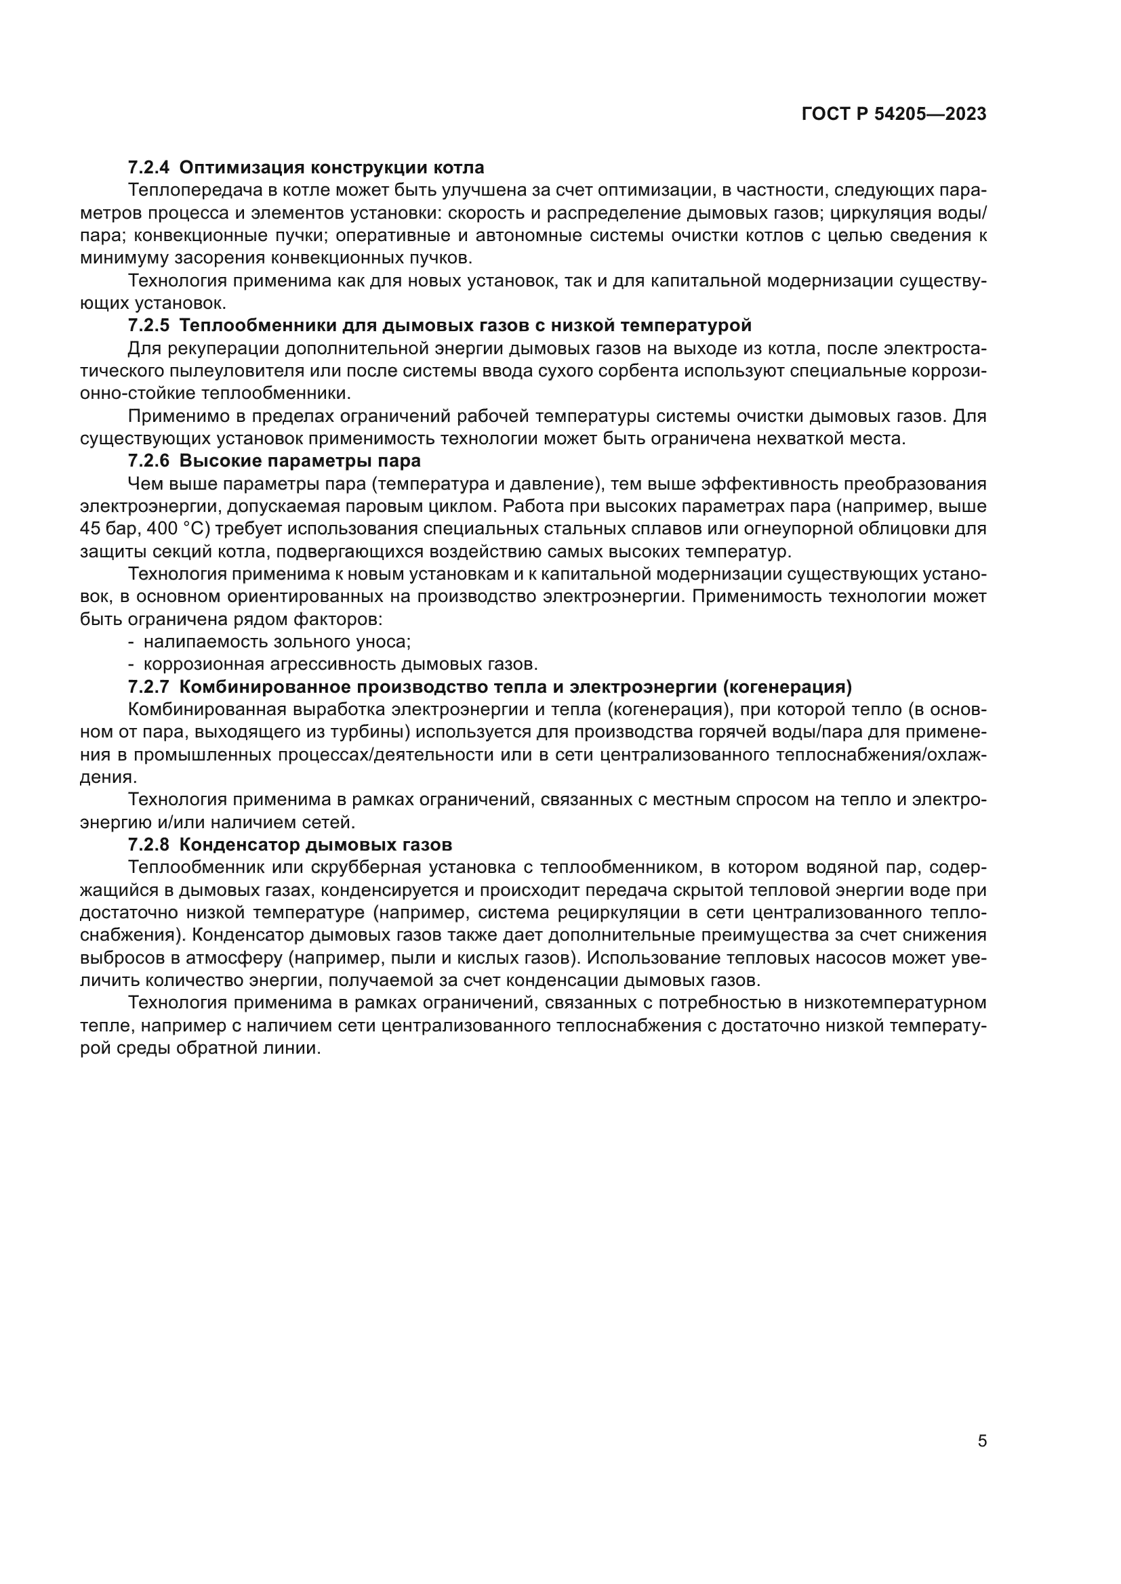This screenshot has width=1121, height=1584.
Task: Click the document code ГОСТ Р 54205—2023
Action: pos(894,114)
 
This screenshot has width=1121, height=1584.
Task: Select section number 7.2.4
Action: pos(149,168)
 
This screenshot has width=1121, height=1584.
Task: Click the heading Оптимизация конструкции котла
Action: pos(331,168)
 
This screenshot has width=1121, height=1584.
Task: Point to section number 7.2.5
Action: pos(149,325)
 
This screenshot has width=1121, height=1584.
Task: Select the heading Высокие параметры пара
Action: pos(300,460)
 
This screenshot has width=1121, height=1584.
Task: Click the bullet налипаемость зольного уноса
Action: pos(277,641)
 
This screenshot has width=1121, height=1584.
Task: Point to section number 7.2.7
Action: pos(149,687)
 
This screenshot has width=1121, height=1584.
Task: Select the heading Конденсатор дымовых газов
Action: pos(315,845)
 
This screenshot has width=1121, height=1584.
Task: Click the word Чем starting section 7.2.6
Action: pos(144,484)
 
